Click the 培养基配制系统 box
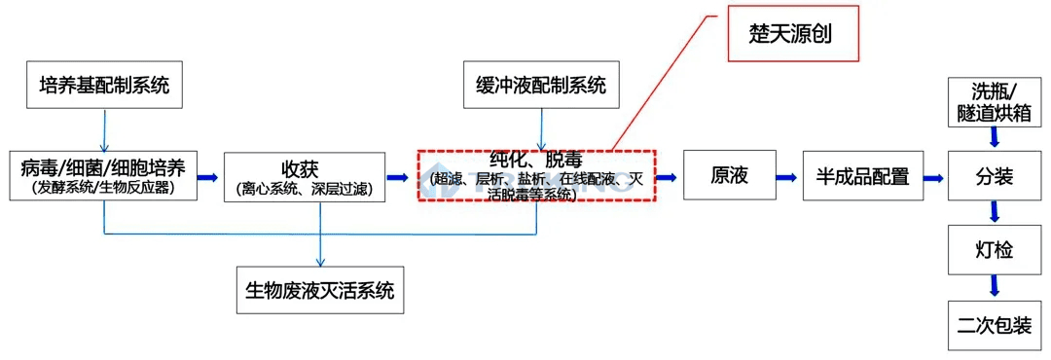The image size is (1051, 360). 104,86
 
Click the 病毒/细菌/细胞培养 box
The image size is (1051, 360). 103,176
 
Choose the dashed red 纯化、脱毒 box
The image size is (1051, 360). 537,176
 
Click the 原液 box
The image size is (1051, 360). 729,176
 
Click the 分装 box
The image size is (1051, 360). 994,176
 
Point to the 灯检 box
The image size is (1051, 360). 994,250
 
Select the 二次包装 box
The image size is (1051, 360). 994,324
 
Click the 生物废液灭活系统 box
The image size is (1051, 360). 320,291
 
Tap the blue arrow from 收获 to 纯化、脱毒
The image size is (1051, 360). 397,177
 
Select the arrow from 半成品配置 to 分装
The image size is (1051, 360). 933,177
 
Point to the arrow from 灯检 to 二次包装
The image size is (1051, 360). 994,286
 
